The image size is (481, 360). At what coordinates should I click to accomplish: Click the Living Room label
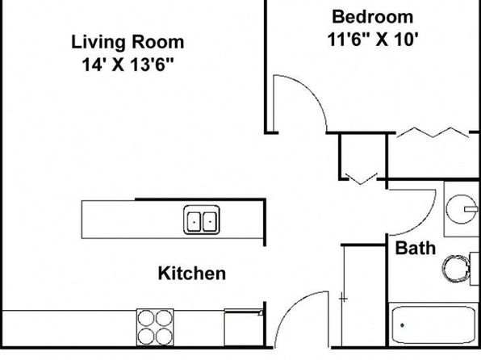click(x=128, y=42)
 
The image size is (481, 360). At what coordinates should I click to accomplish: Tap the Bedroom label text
click(x=372, y=17)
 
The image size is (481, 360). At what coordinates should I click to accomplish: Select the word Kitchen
click(x=192, y=273)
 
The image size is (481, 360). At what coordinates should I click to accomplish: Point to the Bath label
click(x=415, y=248)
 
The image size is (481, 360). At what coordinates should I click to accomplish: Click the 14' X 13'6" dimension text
click(x=128, y=65)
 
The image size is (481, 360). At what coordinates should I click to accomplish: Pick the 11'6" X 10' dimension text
click(x=373, y=40)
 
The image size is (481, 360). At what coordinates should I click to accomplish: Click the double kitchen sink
click(x=202, y=220)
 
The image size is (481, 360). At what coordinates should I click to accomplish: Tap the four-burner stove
click(x=155, y=327)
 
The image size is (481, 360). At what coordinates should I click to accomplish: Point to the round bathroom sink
click(x=461, y=209)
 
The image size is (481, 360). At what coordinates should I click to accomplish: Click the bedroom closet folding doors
click(x=433, y=132)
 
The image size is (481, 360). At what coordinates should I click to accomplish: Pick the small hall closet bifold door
click(x=361, y=179)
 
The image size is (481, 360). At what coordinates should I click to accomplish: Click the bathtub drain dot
click(x=402, y=325)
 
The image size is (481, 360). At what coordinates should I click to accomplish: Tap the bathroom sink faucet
click(x=471, y=209)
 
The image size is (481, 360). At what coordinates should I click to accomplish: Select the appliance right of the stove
click(x=244, y=328)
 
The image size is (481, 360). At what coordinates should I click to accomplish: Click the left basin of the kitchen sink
click(x=194, y=221)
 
